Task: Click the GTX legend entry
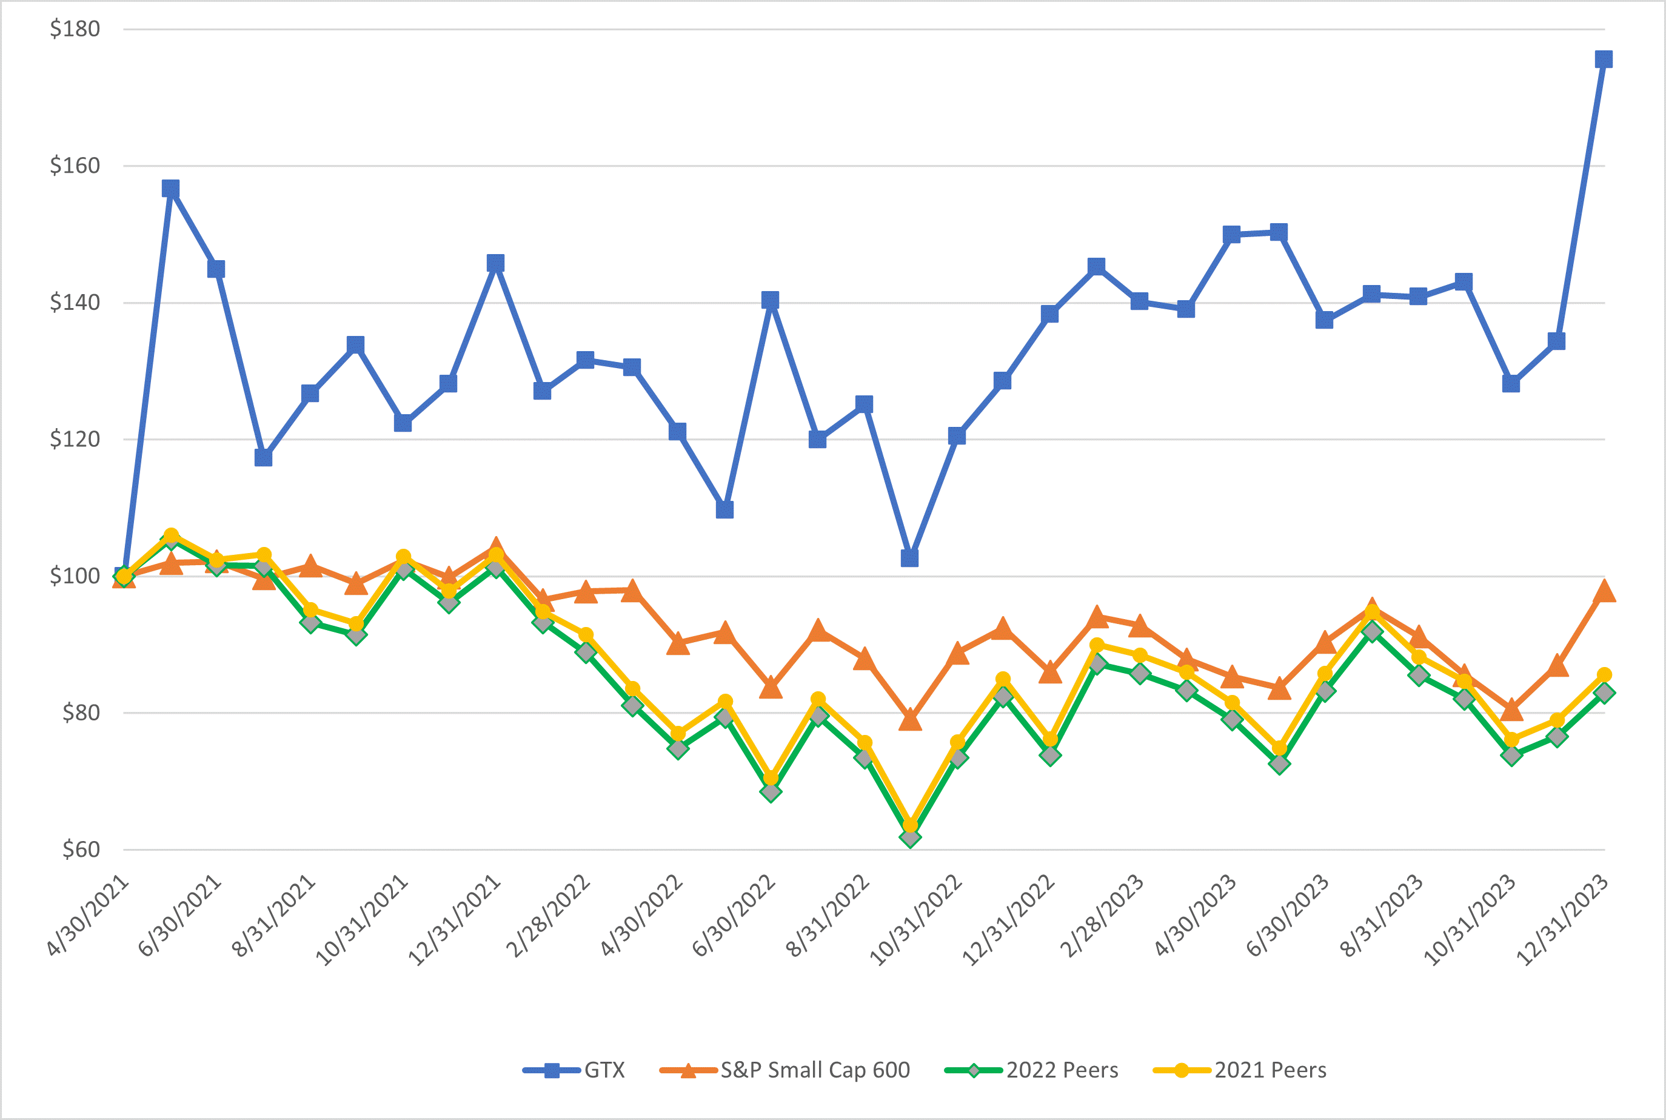click(x=603, y=1070)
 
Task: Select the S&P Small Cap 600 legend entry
click(x=814, y=1070)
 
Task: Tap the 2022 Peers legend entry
click(x=1062, y=1070)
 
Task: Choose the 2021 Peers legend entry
click(x=1270, y=1070)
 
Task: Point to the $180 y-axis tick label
click(x=74, y=29)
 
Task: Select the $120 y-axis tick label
click(x=74, y=438)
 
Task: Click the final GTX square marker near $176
click(x=1603, y=59)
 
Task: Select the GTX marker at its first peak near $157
click(x=170, y=189)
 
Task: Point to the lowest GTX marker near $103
click(x=909, y=558)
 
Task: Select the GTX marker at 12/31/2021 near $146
click(x=495, y=264)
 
